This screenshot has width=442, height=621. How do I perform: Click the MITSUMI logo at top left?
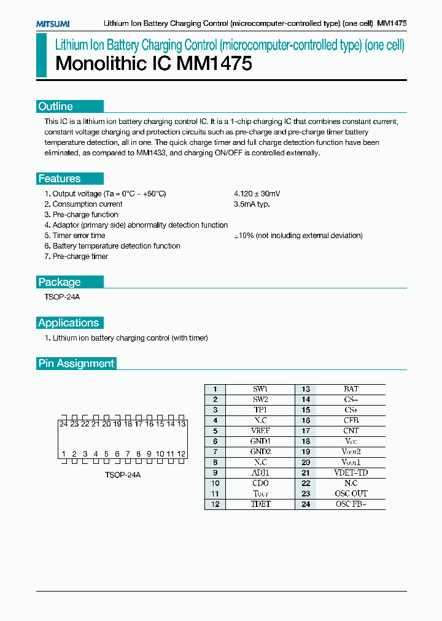52,23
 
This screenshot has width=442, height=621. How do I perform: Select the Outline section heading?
56,106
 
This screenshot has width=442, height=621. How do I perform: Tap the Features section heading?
60,179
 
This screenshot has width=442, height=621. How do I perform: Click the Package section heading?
60,282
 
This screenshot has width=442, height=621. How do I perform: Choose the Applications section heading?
68,323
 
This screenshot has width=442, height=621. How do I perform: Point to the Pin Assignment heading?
76,363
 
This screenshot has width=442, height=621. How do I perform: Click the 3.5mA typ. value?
252,204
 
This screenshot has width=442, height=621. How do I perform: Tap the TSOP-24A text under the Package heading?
58,297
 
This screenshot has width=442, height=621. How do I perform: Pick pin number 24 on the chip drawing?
63,424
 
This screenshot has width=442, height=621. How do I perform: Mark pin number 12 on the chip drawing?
181,454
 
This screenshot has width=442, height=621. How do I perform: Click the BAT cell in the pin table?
351,389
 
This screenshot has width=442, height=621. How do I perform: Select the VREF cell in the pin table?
260,431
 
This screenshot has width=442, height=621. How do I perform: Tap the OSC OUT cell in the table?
351,493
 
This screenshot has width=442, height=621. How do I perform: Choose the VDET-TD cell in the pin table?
351,473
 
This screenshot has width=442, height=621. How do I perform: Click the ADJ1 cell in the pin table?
260,473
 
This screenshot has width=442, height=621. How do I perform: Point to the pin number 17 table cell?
306,431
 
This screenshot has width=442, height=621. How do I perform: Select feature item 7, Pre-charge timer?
76,256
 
